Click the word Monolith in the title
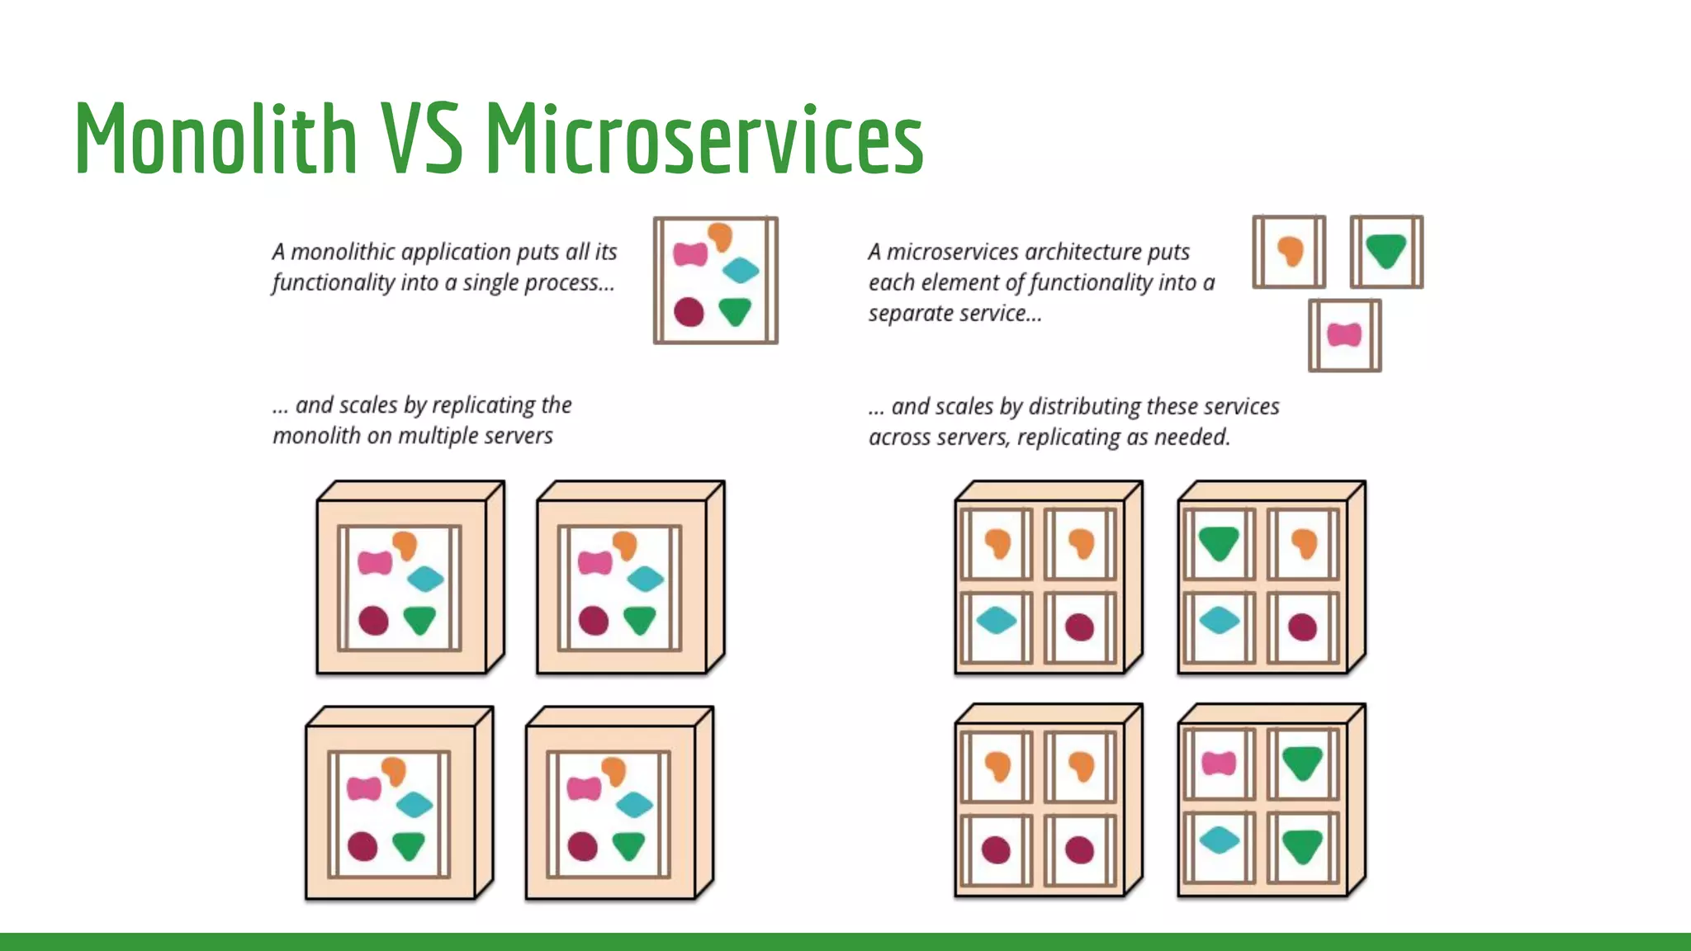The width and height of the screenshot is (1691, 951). [216, 139]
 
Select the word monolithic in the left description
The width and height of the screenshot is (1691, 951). [342, 252]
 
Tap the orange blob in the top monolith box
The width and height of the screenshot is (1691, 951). [720, 236]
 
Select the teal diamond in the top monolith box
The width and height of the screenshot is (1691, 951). [741, 270]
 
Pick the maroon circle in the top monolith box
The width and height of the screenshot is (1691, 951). [689, 312]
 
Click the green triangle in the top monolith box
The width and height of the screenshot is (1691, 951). [734, 311]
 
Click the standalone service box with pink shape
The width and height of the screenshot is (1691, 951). [1344, 334]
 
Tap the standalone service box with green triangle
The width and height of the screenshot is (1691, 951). [1386, 251]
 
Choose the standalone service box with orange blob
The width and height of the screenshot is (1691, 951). [1289, 251]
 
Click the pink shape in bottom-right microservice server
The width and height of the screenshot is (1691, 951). [1219, 763]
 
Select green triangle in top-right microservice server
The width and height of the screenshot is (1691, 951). [1219, 543]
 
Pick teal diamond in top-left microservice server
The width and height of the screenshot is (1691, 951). [997, 621]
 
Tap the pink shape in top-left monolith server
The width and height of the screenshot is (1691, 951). [375, 563]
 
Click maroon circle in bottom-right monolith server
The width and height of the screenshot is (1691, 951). [583, 846]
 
